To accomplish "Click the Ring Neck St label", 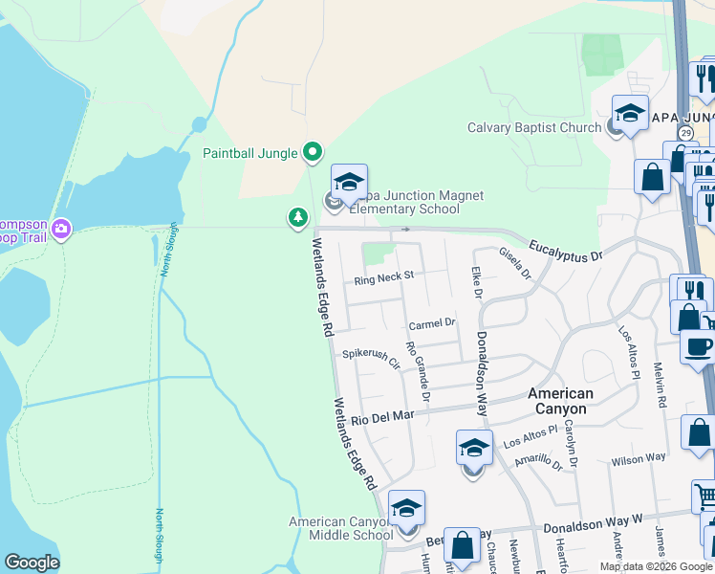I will (383, 278).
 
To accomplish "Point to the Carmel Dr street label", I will (433, 324).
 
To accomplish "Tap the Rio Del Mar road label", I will (381, 418).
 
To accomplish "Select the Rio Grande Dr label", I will (419, 370).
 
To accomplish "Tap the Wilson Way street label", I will (639, 459).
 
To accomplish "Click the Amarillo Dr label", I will (538, 461).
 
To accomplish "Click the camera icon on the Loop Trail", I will (62, 228).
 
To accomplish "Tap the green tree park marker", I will (298, 219).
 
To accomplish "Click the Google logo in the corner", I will (32, 563).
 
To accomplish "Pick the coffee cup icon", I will (698, 345).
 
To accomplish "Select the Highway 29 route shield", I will (685, 132).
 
